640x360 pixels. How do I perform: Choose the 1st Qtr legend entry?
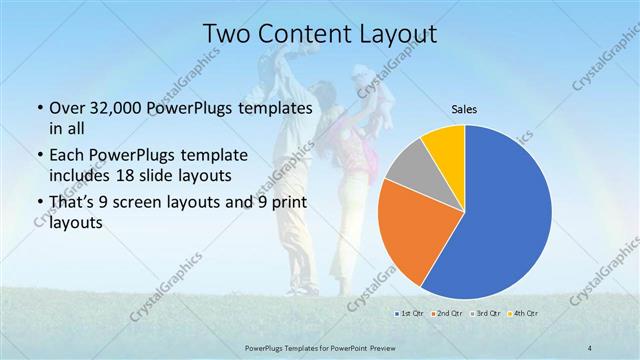click(x=409, y=314)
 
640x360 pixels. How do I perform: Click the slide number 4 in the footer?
click(x=591, y=347)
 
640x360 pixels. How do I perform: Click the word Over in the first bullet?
click(x=66, y=108)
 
